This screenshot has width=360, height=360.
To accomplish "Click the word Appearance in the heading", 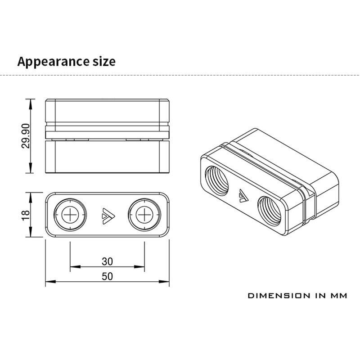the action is point(54,62).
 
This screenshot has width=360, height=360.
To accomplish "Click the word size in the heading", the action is point(104,62).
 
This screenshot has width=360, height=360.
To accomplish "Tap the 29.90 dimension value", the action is point(26,136).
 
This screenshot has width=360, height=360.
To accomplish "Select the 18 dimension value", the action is point(26,215).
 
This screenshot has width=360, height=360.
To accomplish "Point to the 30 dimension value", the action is point(107,261).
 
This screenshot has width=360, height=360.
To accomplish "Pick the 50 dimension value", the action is point(107,276).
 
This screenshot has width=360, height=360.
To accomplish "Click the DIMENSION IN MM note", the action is point(297,296).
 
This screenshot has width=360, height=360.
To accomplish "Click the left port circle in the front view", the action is point(70,215).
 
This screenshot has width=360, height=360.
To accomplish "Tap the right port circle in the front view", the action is point(144,215).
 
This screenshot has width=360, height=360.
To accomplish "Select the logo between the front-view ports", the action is point(108,216).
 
